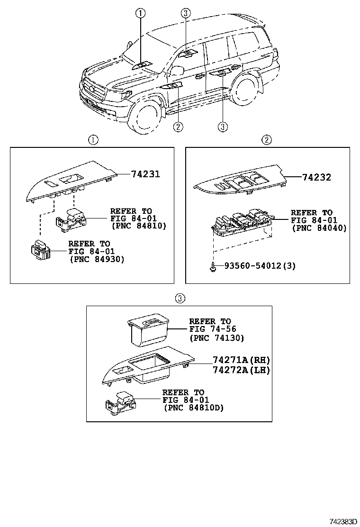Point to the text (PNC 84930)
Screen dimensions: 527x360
97,259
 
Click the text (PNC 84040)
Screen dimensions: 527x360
319,228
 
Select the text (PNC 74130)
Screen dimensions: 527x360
216,338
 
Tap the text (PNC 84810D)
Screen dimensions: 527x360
193,408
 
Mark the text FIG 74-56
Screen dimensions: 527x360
212,329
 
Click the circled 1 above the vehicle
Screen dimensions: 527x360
141,14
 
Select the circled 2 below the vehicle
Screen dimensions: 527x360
178,127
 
